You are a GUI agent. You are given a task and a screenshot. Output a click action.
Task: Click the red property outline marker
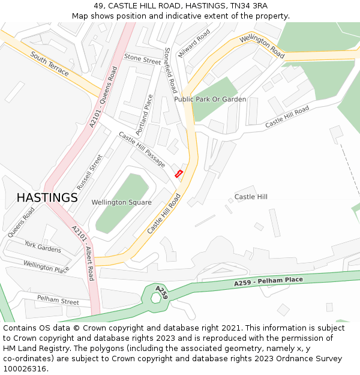click(x=178, y=173)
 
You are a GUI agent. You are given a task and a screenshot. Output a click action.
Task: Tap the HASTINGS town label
click(x=47, y=197)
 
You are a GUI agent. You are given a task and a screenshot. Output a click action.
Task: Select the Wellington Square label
click(x=121, y=202)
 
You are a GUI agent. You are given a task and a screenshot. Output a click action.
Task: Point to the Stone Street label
click(x=142, y=58)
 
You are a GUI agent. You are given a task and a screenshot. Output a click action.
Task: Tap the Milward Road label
click(x=194, y=43)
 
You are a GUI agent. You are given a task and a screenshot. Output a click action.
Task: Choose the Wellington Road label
click(x=262, y=46)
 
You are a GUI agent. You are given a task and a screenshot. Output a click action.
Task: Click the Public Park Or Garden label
click(x=210, y=99)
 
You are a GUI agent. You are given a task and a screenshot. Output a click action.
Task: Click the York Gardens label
click(x=43, y=246)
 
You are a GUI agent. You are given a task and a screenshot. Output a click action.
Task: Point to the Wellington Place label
click(x=46, y=266)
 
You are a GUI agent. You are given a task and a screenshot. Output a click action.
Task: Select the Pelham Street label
click(x=58, y=299)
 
